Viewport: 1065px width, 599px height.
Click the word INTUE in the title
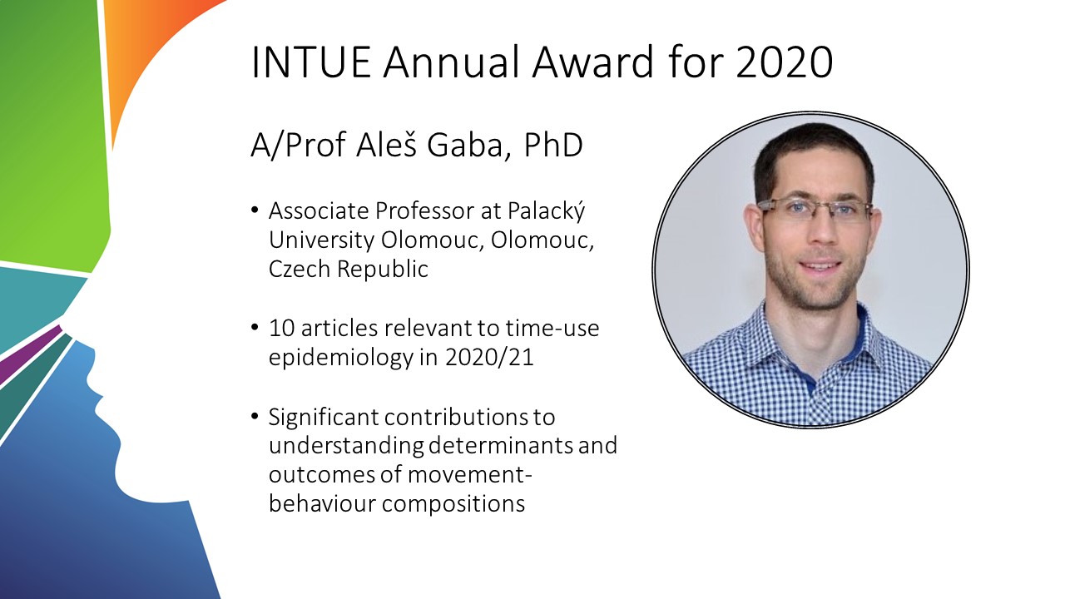point(311,62)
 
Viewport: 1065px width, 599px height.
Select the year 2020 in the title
point(785,62)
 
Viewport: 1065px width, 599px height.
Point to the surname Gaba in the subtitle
point(465,145)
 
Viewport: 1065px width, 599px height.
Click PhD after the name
point(553,145)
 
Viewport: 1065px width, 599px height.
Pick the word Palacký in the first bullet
point(546,211)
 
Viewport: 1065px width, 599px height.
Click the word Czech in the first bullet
point(300,269)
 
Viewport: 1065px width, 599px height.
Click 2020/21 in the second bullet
point(489,357)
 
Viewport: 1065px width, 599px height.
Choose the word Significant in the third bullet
point(324,417)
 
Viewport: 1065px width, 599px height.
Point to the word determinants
point(500,445)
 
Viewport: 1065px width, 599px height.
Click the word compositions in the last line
point(453,504)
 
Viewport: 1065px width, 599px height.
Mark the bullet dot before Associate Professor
point(255,210)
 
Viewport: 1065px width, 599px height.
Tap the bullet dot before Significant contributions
point(255,416)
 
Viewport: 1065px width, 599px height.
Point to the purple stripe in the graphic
point(28,354)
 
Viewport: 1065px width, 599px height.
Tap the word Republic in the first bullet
point(383,269)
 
